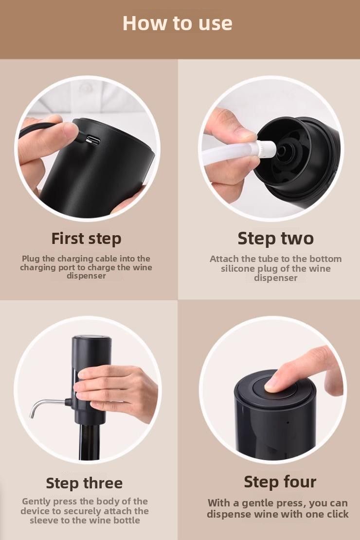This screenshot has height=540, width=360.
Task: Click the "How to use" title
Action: click(x=178, y=23)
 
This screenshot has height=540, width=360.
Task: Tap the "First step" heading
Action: click(x=87, y=239)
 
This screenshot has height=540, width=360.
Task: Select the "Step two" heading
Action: click(x=276, y=238)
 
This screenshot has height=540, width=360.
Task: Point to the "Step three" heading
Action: click(x=84, y=483)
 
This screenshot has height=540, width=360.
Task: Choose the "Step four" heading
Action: click(x=280, y=482)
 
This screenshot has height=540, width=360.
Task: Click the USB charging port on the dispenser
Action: click(x=93, y=140)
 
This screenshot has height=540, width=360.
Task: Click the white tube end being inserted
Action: click(x=267, y=149)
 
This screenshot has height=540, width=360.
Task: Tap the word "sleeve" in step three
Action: click(x=42, y=520)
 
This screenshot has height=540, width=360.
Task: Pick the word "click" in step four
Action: click(x=337, y=514)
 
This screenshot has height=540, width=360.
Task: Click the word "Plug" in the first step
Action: click(x=31, y=259)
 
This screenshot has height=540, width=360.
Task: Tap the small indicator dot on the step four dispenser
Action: click(x=288, y=422)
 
